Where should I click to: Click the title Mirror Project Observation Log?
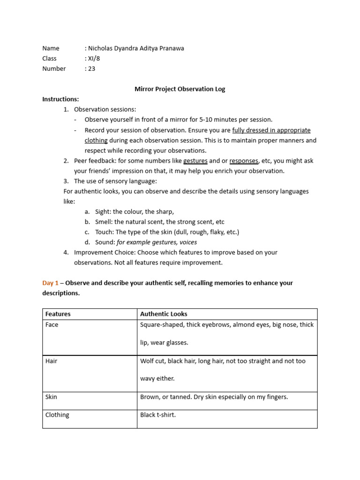pos(180,89)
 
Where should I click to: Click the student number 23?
pos(91,68)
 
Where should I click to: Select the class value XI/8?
pos(94,59)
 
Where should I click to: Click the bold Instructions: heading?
pos(60,99)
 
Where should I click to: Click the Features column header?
pos(58,314)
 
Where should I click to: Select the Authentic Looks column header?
pos(164,314)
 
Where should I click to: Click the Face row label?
pos(52,325)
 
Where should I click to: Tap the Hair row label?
pos(51,361)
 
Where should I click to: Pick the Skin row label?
pos(51,397)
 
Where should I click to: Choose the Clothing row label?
pos(57,415)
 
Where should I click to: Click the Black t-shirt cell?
pos(158,415)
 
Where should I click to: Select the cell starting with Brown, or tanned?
pos(214,397)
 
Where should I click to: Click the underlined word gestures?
pos(195,161)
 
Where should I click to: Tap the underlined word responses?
pos(243,161)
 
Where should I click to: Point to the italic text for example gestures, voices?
pos(157,242)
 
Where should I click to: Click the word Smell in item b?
pos(103,222)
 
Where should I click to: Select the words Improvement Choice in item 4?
pos(104,253)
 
